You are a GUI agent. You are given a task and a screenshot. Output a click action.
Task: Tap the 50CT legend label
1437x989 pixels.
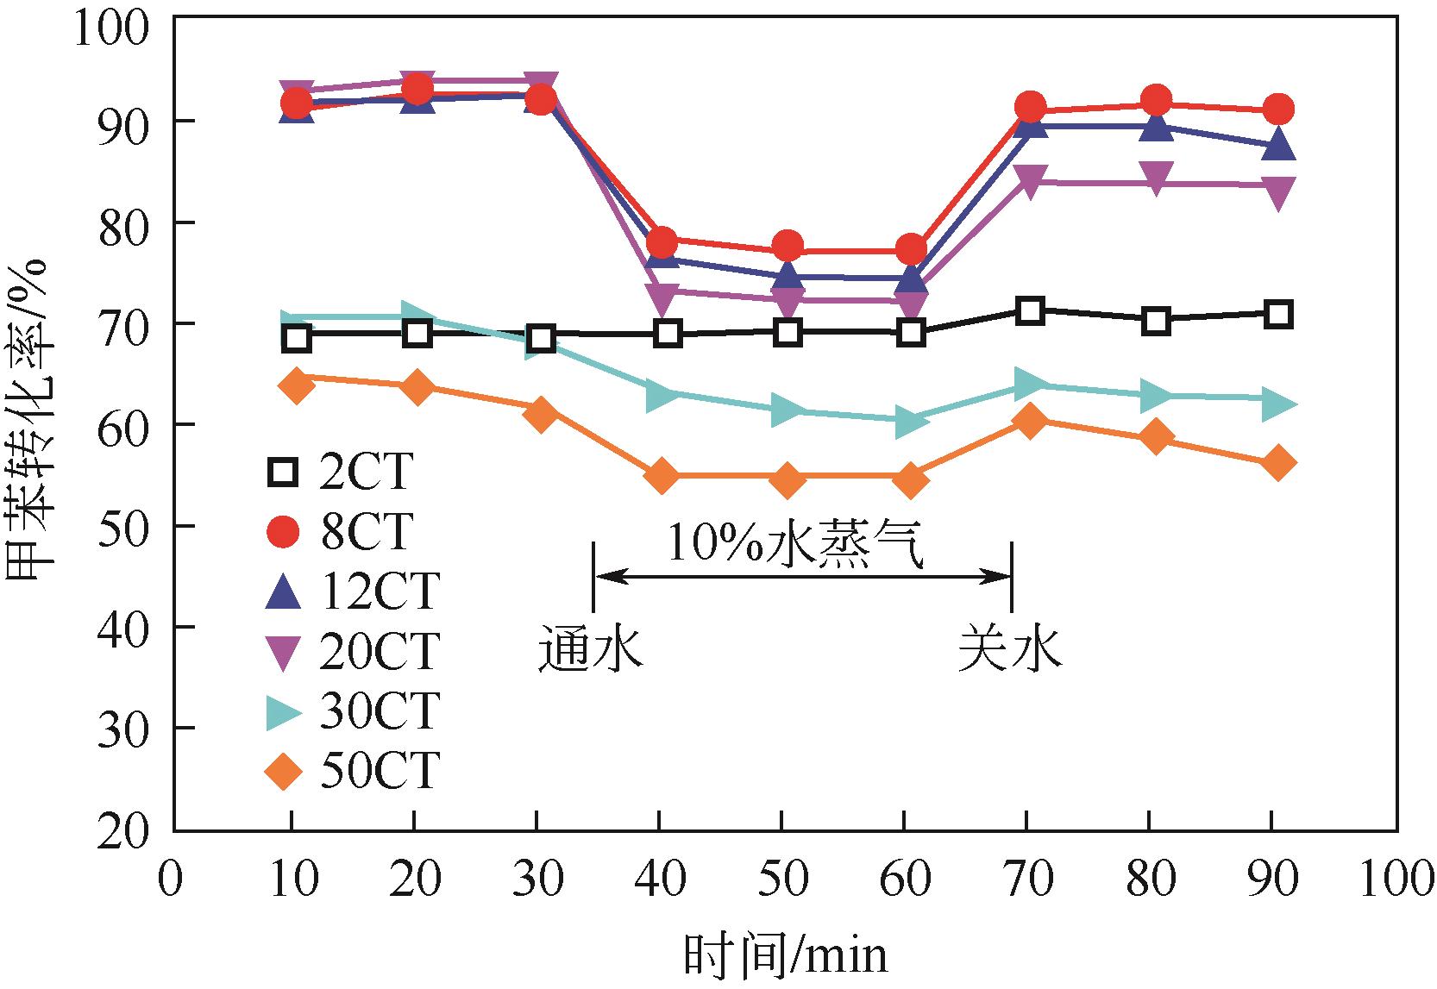pyautogui.click(x=380, y=771)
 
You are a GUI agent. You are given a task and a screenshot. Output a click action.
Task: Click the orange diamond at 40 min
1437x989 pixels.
pyautogui.click(x=662, y=476)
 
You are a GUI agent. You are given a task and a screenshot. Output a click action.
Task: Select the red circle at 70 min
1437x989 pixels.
pyautogui.click(x=1029, y=109)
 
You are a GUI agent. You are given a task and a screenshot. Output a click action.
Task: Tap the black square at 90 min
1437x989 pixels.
pyautogui.click(x=1278, y=315)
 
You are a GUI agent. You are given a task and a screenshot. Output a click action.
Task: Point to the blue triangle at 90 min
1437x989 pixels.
pyautogui.click(x=1278, y=145)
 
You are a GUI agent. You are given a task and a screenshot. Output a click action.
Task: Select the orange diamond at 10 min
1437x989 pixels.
pyautogui.click(x=296, y=385)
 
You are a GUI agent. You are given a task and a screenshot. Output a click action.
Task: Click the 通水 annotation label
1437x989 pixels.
pyautogui.click(x=591, y=651)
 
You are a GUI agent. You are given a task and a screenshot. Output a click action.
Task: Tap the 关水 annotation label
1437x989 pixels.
pyautogui.click(x=1010, y=651)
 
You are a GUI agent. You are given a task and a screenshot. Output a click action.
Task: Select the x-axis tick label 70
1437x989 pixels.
pyautogui.click(x=1028, y=879)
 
